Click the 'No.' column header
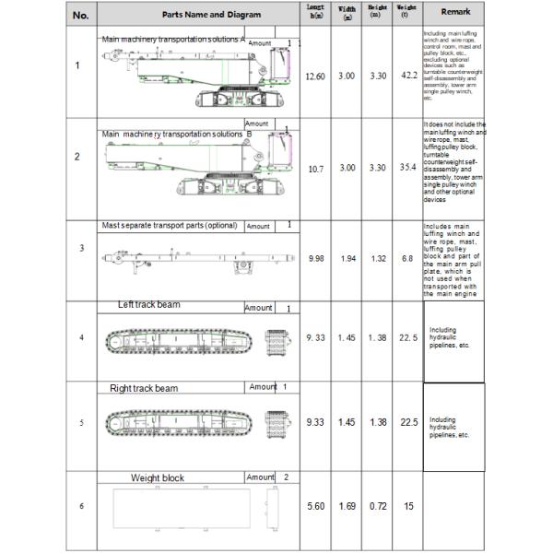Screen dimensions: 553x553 [x=81, y=14]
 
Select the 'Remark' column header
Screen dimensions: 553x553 [x=456, y=14]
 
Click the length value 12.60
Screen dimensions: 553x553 [x=314, y=76]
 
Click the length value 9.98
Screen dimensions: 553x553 [x=314, y=259]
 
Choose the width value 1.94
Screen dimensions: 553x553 [x=347, y=259]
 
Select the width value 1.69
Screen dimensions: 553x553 [x=347, y=506]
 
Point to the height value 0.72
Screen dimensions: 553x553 [x=378, y=506]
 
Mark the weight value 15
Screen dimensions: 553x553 [x=407, y=506]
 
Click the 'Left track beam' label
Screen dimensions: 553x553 [x=148, y=305]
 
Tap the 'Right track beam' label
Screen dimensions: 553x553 [x=144, y=388]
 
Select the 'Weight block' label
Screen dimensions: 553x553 [x=157, y=478]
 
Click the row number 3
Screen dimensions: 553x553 [x=81, y=248]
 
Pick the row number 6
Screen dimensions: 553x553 [x=81, y=506]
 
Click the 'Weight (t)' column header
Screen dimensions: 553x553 [x=406, y=13]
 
